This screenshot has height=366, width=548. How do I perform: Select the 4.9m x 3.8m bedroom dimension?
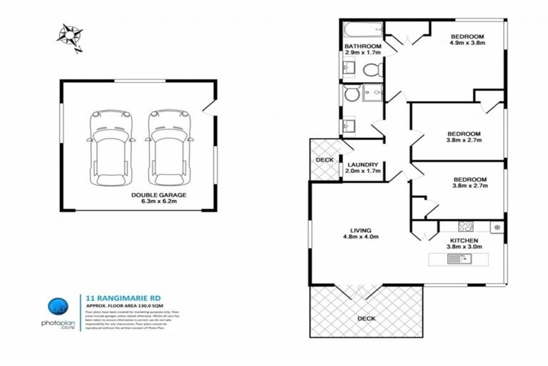tap(467, 44)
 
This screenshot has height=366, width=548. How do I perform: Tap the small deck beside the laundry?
tap(324, 159)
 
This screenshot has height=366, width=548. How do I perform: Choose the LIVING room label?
tap(360, 229)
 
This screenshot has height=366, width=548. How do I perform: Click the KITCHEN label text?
tap(464, 240)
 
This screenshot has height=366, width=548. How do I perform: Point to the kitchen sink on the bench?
tap(457, 258)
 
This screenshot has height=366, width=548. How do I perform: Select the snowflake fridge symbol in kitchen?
tap(497, 227)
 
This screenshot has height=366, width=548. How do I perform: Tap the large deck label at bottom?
tap(366, 318)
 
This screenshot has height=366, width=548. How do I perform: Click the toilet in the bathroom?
tap(370, 69)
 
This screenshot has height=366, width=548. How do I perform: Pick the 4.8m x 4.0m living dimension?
tap(360, 237)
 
